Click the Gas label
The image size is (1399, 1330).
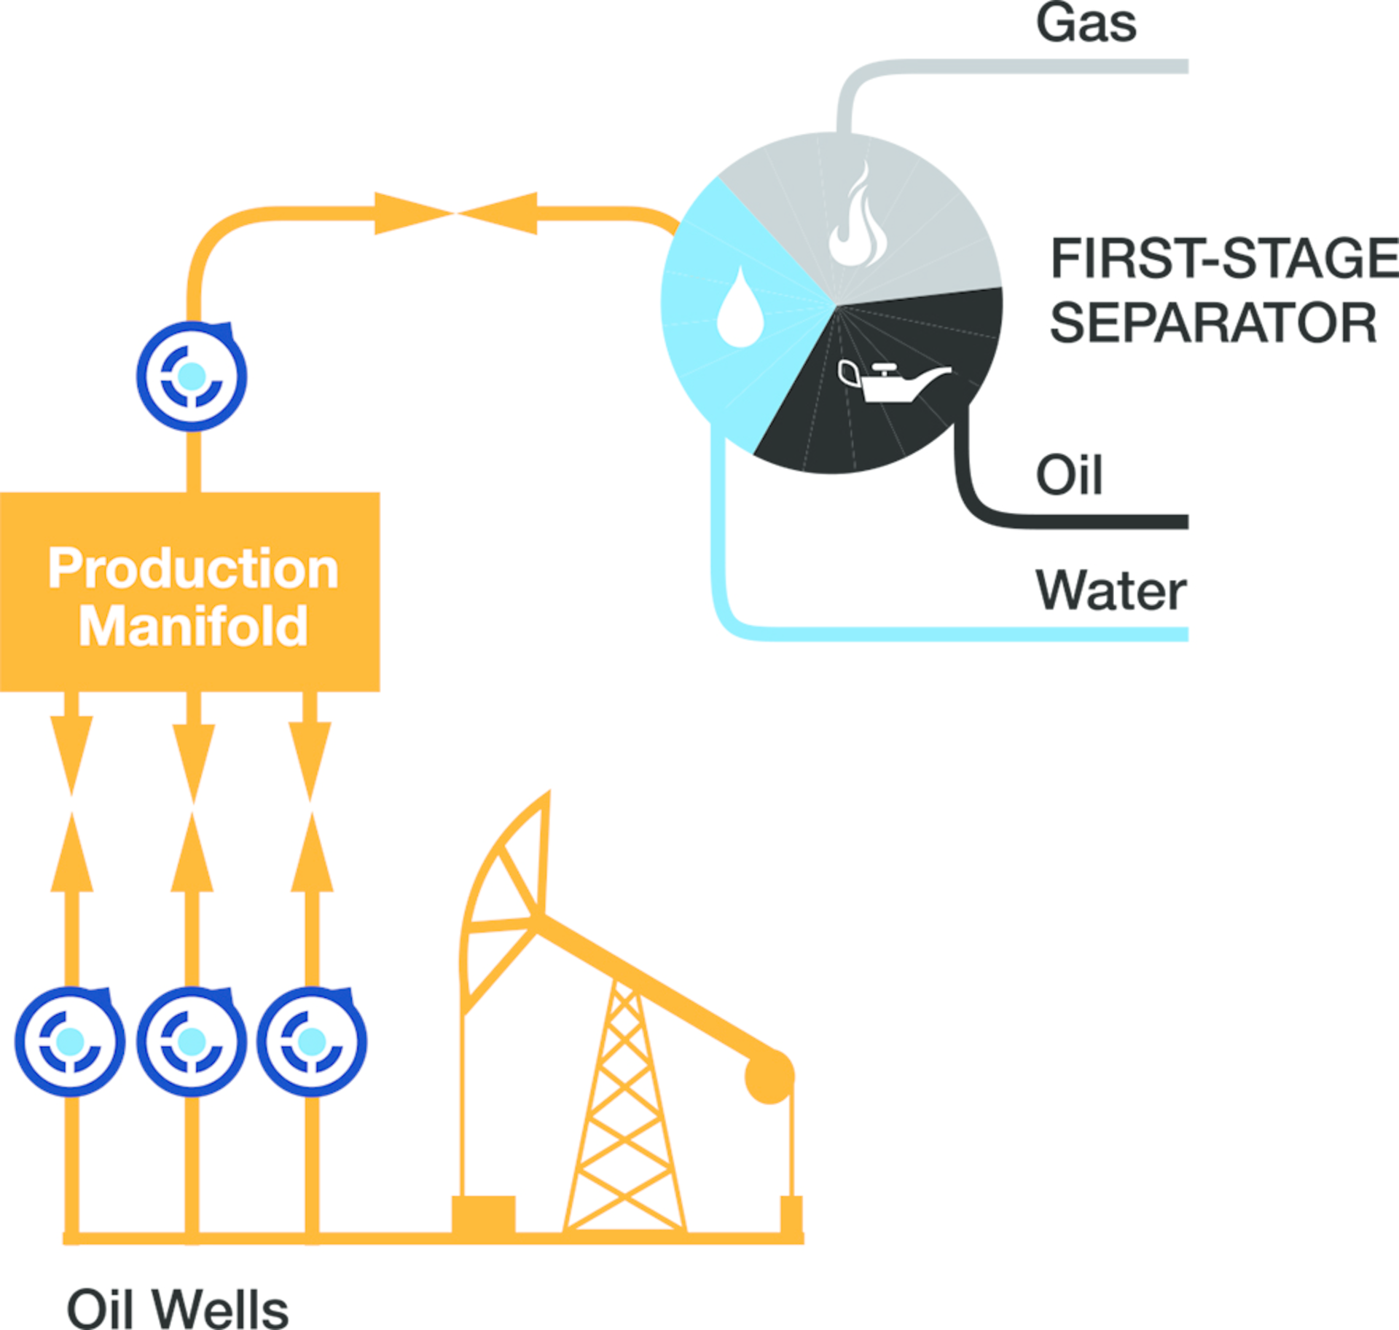[1086, 23]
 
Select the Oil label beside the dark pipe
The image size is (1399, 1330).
[1068, 475]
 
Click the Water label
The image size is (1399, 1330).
[1110, 590]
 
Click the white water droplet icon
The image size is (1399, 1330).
[740, 309]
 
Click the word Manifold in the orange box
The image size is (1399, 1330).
[193, 626]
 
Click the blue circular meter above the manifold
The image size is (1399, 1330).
[192, 376]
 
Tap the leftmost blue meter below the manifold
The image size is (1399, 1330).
[70, 1041]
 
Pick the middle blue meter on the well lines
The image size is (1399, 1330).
[192, 1041]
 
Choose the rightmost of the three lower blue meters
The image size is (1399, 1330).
[312, 1041]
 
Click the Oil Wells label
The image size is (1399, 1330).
[177, 1309]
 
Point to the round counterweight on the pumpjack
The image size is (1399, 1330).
[769, 1076]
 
